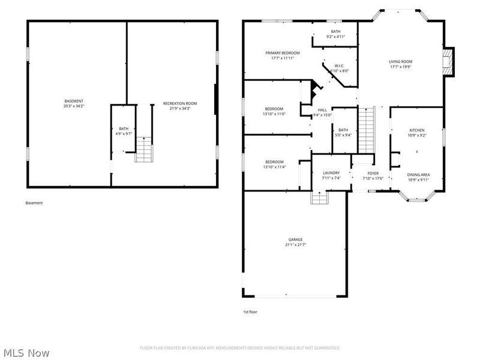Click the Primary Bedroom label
(282, 53)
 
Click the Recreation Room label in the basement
(179, 104)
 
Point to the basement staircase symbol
(143, 149)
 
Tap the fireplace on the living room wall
(448, 62)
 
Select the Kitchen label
(417, 130)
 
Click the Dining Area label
(418, 175)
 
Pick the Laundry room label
(331, 173)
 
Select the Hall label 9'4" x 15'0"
(322, 110)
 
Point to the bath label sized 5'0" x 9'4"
(343, 130)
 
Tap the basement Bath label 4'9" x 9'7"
(124, 128)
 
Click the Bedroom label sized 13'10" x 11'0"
(274, 109)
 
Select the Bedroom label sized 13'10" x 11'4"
(274, 161)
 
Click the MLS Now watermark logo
(27, 353)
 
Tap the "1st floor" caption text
(250, 312)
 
